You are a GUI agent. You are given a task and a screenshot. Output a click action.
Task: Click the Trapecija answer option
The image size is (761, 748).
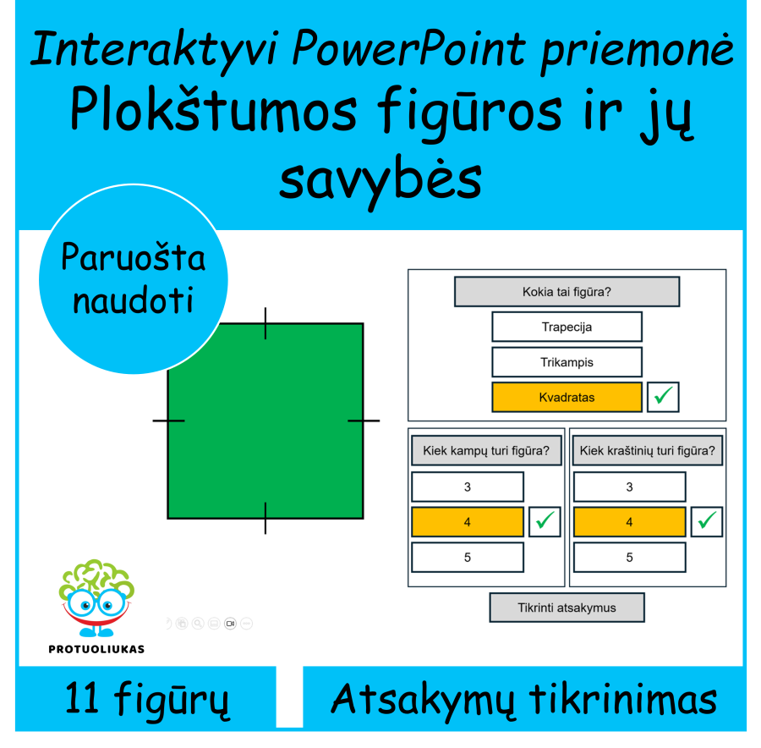567,327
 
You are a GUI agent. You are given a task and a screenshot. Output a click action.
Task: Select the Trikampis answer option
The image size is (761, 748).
567,362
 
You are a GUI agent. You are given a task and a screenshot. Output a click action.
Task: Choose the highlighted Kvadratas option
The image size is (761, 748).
567,397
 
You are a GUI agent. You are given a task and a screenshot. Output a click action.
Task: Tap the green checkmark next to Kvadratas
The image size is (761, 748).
663,396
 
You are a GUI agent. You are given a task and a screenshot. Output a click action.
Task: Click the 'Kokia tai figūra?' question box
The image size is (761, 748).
567,293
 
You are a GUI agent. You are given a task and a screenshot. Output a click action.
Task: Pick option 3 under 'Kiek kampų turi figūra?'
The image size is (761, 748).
467,487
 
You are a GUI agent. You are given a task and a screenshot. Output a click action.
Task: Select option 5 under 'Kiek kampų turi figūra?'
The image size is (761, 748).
467,558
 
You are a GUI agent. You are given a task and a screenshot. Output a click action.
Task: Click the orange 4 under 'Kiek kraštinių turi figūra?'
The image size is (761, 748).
629,522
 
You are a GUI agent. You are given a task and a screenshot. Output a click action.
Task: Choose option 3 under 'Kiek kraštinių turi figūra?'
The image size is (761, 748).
629,487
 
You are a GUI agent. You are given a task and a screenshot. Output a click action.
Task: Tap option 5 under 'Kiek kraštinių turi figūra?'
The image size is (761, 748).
629,558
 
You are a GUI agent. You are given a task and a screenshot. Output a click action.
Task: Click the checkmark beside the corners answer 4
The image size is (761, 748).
545,522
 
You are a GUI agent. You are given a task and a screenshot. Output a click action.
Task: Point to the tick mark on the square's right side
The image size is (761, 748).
364,420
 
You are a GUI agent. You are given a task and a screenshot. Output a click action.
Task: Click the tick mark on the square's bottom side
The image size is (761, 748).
266,518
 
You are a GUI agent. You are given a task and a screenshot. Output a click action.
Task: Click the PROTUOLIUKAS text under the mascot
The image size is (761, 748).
96,649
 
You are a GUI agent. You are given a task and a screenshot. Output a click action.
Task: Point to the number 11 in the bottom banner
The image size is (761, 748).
87,701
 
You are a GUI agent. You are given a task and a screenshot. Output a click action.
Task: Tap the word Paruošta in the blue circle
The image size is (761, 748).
134,257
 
